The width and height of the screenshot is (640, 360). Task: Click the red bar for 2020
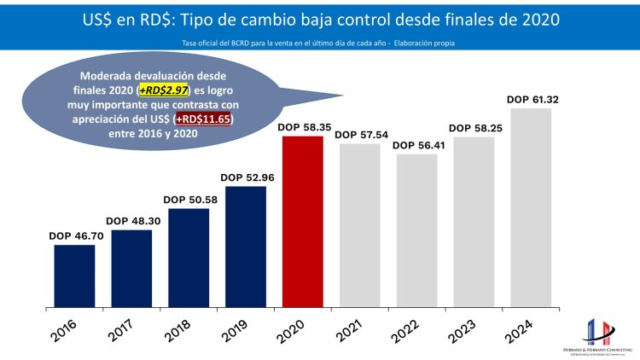click(303, 221)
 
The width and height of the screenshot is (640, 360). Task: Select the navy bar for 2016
click(74, 276)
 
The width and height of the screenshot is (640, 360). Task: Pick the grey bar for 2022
click(416, 230)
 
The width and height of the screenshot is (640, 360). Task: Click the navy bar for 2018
click(189, 257)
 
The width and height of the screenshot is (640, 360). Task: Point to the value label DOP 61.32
click(531, 100)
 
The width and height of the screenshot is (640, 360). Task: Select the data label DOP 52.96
click(246, 177)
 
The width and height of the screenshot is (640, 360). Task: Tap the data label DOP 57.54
click(359, 135)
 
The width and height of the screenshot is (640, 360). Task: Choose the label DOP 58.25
click(474, 128)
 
